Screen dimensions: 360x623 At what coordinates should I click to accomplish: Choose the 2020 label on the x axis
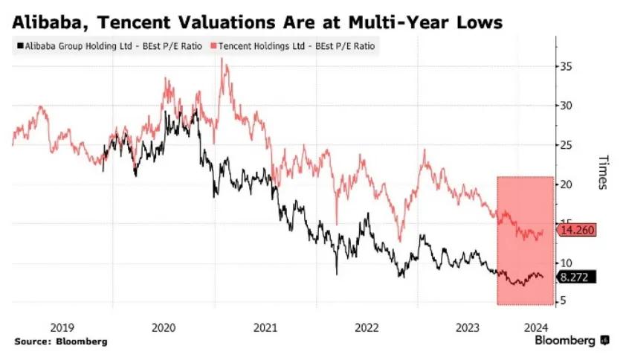point(163,326)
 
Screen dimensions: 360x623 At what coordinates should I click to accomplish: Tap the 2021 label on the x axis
point(265,326)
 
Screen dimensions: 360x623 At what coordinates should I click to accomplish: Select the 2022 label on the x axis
point(367,326)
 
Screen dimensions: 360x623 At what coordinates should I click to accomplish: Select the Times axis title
point(603,173)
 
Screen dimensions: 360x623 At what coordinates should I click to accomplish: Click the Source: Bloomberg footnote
point(60,341)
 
